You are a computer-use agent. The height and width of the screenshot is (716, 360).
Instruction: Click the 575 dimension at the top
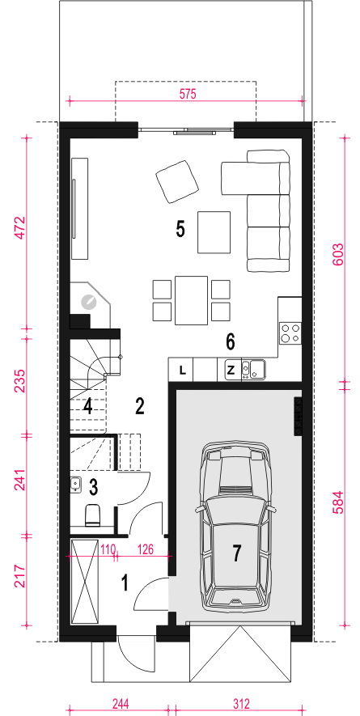(188, 94)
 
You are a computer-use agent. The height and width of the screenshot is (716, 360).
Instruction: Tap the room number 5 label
(180, 229)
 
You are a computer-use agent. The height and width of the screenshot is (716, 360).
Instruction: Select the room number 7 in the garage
(236, 553)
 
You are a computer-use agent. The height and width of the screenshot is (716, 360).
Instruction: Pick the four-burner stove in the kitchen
(290, 333)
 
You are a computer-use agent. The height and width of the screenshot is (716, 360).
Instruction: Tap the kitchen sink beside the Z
(253, 370)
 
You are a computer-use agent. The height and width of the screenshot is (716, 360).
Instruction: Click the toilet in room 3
(93, 515)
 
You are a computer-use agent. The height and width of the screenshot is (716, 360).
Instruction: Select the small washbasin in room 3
(76, 484)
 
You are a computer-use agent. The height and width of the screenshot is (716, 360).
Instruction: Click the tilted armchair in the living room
(177, 182)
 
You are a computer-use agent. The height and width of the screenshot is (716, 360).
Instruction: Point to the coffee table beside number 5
(214, 232)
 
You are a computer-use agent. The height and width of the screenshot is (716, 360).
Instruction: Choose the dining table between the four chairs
(191, 300)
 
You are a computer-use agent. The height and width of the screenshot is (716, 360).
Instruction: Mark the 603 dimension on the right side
(337, 257)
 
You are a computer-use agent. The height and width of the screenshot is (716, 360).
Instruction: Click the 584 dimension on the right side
(337, 503)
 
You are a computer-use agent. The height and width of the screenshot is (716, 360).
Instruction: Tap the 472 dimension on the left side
(19, 228)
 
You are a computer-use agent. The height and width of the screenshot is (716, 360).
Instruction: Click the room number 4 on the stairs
(87, 406)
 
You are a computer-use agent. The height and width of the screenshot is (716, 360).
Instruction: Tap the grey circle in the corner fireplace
(87, 302)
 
